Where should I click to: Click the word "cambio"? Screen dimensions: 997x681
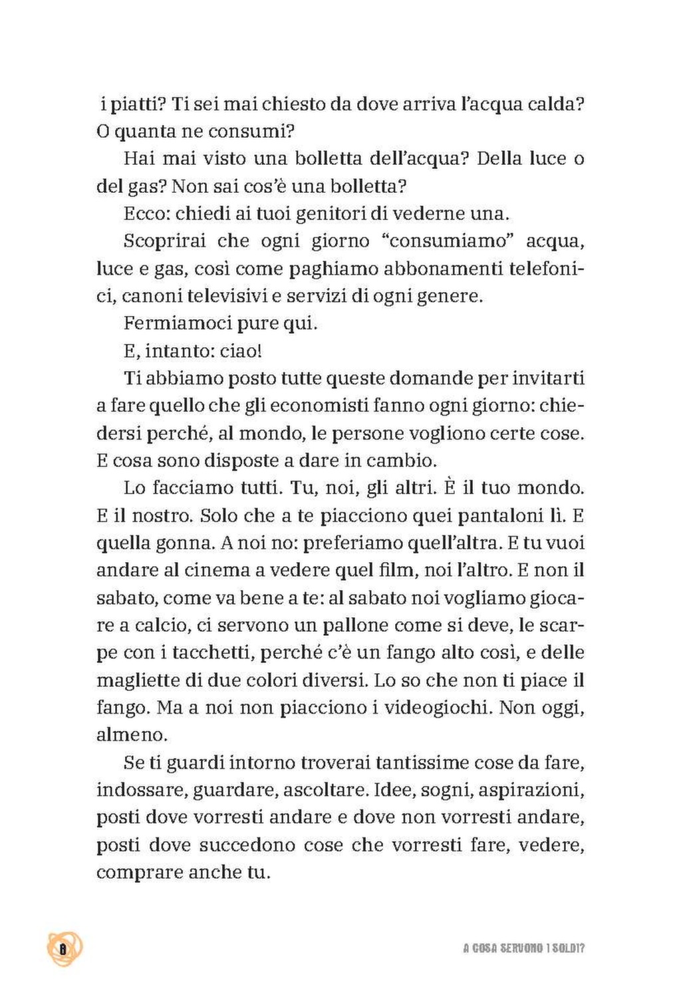tap(406, 460)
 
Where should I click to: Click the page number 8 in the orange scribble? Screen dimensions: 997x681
tap(64, 948)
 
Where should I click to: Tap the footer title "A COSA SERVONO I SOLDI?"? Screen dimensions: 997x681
tap(523, 948)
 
